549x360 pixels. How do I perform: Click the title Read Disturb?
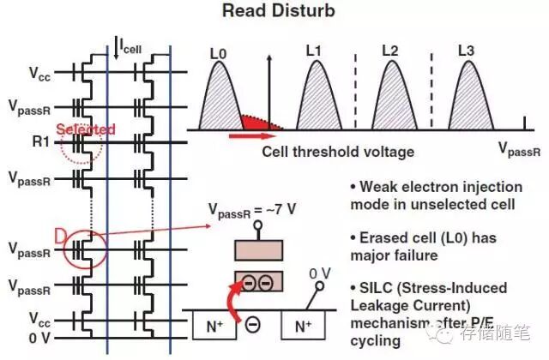click(x=277, y=11)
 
